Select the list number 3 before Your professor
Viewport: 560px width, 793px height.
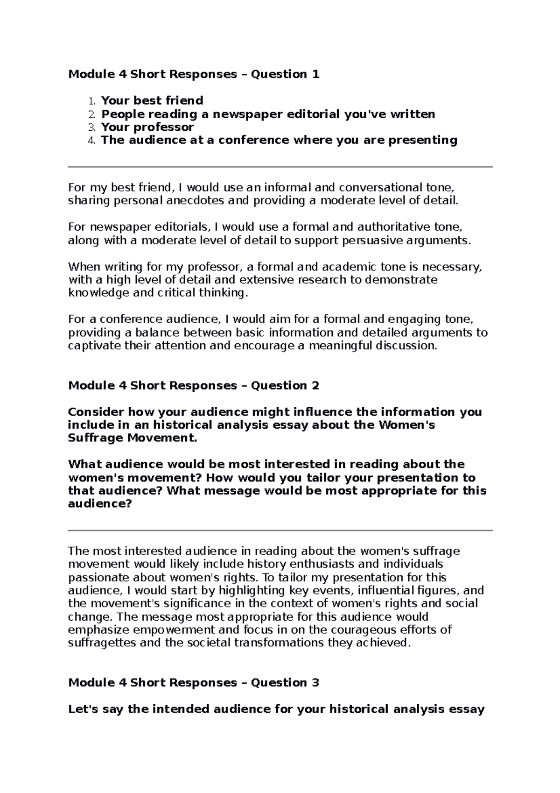click(91, 127)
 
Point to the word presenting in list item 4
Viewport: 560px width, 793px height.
click(424, 140)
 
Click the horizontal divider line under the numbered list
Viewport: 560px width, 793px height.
click(280, 167)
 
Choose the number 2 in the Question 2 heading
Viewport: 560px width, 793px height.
click(315, 386)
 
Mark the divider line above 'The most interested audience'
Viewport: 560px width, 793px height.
click(280, 531)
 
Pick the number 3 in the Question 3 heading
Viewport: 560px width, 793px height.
click(315, 683)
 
